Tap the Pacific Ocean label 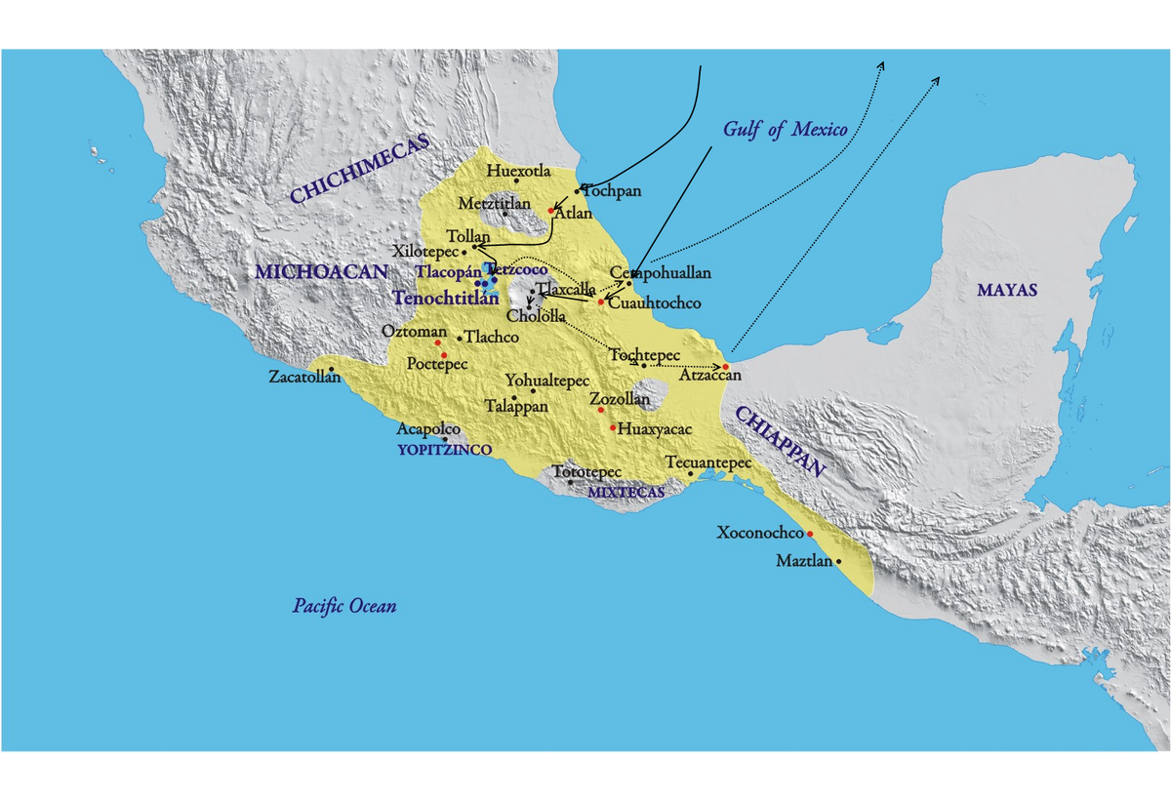click(x=344, y=606)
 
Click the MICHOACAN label click(x=322, y=271)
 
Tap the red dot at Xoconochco click(x=810, y=534)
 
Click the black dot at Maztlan click(x=838, y=561)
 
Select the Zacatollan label click(x=304, y=377)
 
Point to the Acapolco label click(x=427, y=429)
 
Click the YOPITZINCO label click(x=444, y=450)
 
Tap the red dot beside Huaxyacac click(x=613, y=427)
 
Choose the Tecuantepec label click(x=707, y=462)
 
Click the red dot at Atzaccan click(x=726, y=366)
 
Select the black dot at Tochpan click(x=577, y=189)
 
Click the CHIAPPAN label click(x=781, y=441)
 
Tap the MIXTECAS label click(x=626, y=493)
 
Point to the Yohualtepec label click(x=547, y=381)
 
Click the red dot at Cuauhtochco click(x=601, y=301)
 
